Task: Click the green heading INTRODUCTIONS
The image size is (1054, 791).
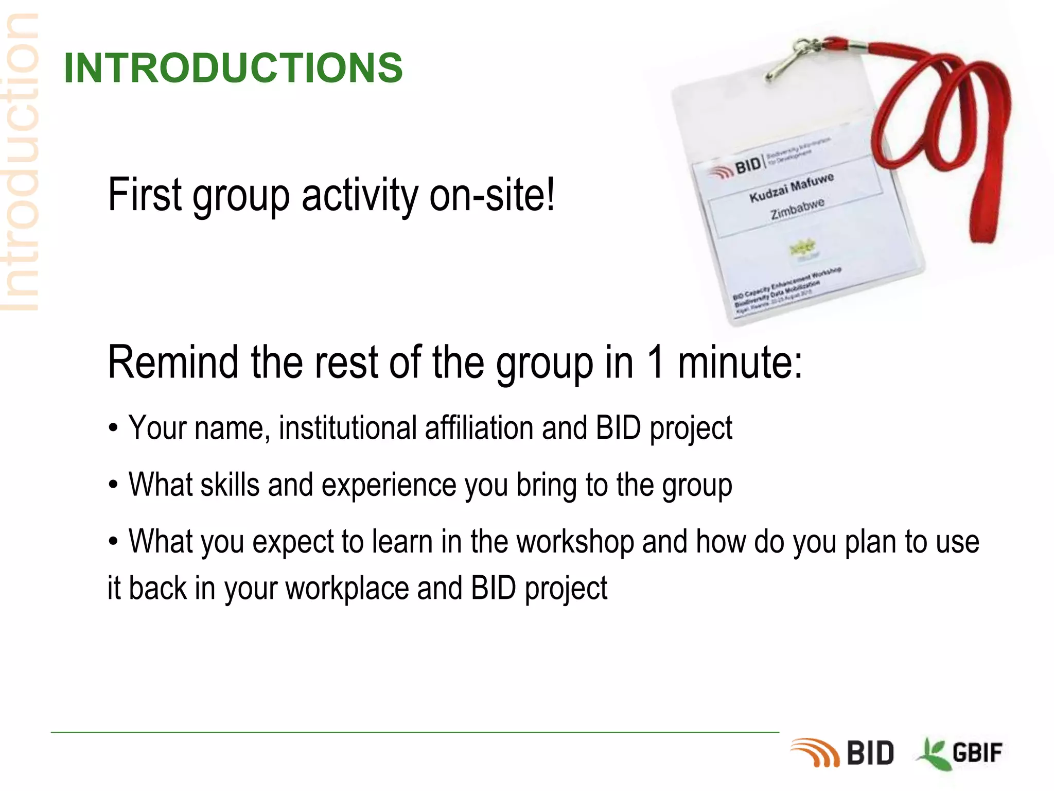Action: pos(233,68)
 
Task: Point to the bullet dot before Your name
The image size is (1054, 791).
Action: pos(113,428)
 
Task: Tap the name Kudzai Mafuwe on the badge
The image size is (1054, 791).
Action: pos(791,188)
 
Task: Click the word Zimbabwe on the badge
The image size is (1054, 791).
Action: pos(797,209)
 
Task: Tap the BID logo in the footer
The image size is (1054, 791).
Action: pos(842,753)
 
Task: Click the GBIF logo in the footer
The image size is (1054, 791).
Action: pos(960,753)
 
